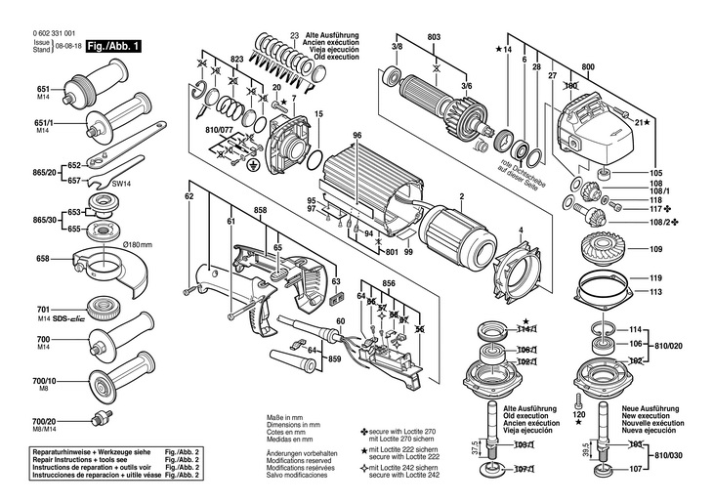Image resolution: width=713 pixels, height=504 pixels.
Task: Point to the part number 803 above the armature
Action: tap(434, 36)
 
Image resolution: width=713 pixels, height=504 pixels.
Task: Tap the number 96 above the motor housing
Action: tap(357, 135)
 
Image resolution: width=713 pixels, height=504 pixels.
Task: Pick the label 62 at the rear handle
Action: tap(189, 197)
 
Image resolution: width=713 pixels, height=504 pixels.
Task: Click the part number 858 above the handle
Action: tap(260, 211)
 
